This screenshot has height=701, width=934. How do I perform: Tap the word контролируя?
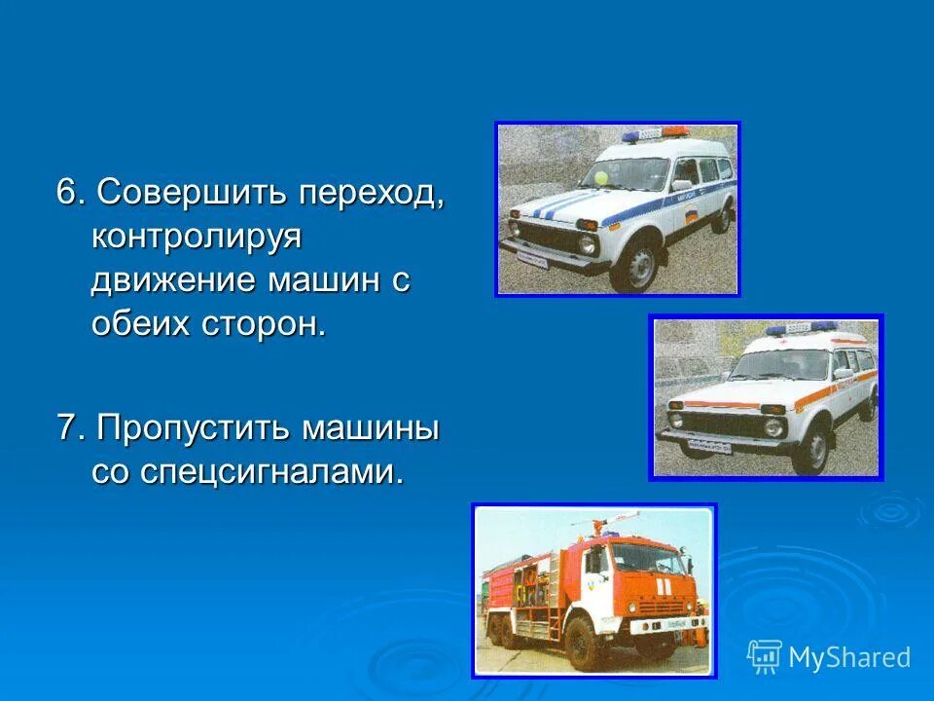[x=198, y=237]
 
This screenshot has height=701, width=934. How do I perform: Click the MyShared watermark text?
[x=848, y=657]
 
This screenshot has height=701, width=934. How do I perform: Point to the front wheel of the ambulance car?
[x=809, y=450]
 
